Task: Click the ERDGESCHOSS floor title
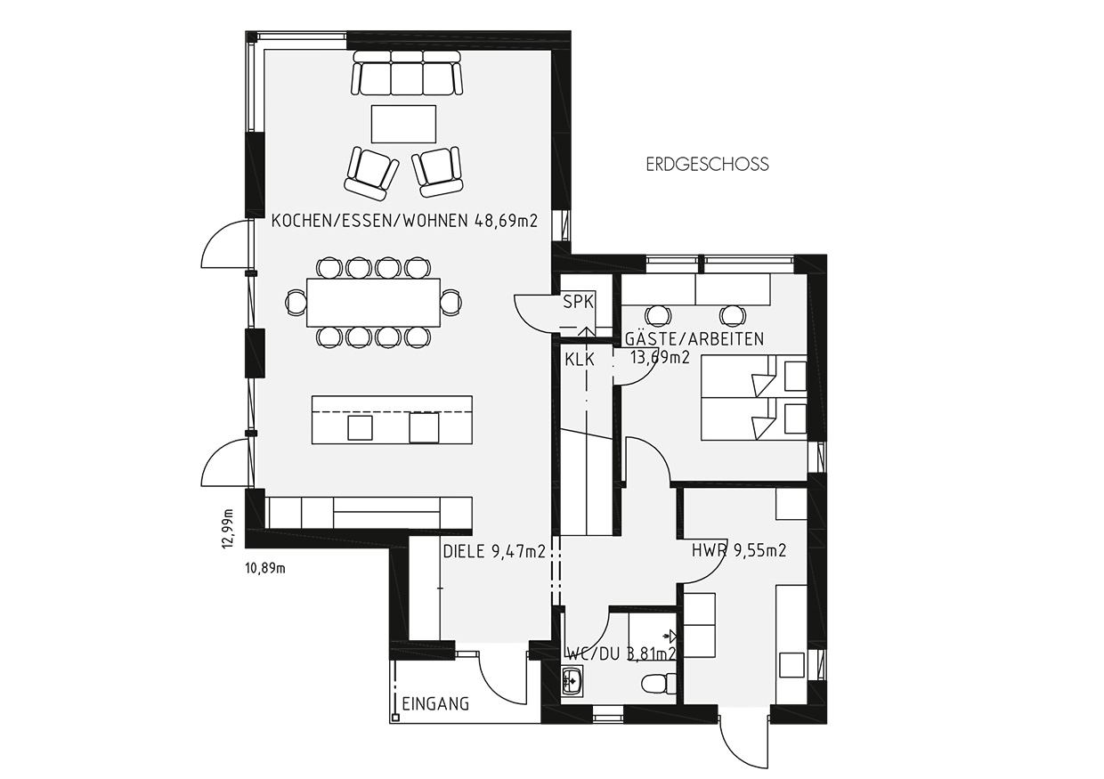707,164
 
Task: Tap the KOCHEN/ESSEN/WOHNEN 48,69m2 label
404,221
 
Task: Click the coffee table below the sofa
403,124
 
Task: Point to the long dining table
373,302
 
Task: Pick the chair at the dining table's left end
296,302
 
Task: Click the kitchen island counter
392,420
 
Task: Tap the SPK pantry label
578,302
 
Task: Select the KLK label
580,360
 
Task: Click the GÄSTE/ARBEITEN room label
694,338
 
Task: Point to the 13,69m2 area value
660,357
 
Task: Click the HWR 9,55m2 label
739,550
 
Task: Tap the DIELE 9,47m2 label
494,551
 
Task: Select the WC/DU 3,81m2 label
621,653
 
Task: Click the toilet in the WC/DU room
659,684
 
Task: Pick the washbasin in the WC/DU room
572,680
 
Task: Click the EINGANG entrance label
435,704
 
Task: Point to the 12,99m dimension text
227,529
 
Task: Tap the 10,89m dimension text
265,569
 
